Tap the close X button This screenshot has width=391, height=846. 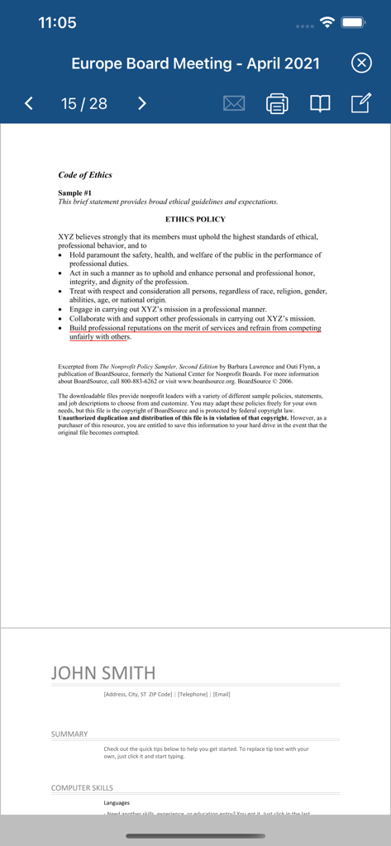361,63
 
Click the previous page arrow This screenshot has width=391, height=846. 29,103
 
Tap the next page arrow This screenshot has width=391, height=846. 141,103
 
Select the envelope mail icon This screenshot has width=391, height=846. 234,103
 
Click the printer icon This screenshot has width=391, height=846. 277,103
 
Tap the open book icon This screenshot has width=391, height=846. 320,103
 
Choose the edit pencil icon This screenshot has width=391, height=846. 360,103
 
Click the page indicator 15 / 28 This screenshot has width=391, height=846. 83,103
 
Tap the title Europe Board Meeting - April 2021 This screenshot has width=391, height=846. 195,64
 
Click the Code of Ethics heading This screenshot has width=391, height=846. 85,175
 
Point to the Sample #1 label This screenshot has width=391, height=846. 75,193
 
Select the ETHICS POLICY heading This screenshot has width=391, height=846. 195,220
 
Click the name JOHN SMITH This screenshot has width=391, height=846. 103,673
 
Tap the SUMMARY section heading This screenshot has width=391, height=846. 69,734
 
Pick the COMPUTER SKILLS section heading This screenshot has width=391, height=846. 82,787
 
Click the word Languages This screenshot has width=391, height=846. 117,802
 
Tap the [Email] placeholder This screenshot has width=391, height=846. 222,694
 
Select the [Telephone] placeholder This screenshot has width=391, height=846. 193,694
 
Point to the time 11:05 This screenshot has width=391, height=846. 57,22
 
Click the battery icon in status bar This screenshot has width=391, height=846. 353,22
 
